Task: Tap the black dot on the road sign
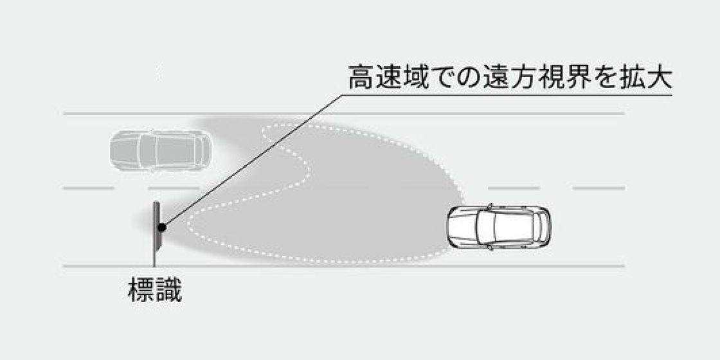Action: coord(161,227)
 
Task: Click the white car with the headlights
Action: coord(499,227)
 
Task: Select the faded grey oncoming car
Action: coord(160,150)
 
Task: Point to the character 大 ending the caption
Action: coord(659,77)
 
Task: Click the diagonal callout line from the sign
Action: coord(252,161)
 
